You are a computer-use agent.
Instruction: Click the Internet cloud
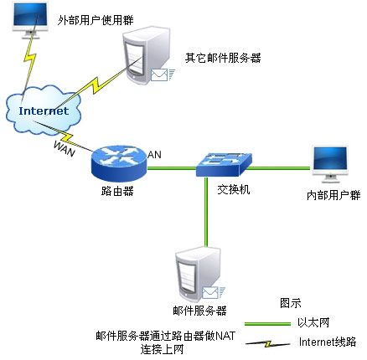pos(44,111)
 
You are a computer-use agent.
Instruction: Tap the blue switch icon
pos(224,165)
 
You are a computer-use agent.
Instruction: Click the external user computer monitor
pos(30,20)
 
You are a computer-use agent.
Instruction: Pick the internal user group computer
pos(330,164)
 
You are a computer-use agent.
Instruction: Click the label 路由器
pos(117,191)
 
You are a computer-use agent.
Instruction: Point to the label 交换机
pos(234,190)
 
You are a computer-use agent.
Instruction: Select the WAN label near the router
pos(65,149)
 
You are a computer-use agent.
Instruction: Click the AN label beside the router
pos(154,154)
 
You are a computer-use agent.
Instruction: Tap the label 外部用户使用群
pos(96,20)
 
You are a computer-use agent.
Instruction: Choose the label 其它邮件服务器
pos(223,58)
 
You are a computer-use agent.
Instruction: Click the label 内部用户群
pos(333,195)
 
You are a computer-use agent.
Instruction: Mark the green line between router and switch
pos(172,168)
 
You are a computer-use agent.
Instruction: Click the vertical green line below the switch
pos(206,212)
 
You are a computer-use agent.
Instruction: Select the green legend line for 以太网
pos(267,324)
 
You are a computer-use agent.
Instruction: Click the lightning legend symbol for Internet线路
pos(267,344)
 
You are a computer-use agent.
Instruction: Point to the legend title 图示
pos(291,303)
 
